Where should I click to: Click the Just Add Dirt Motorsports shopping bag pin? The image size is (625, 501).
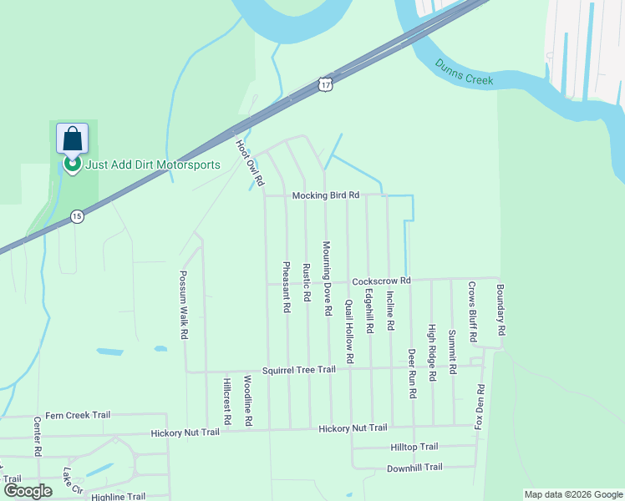click(72, 139)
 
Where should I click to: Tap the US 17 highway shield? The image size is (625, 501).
click(326, 84)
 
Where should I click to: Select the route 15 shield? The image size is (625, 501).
click(77, 215)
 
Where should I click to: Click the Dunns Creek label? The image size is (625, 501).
click(464, 73)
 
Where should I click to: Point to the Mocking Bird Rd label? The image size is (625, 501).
click(325, 195)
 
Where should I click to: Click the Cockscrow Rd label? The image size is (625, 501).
click(381, 281)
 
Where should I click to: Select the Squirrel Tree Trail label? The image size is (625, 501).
click(298, 370)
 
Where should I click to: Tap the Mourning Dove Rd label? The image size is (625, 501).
click(327, 278)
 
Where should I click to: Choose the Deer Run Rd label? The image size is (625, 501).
click(412, 372)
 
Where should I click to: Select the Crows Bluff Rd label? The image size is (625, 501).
click(472, 311)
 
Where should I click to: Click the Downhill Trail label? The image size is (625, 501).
click(414, 468)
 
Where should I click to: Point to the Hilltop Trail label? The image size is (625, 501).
click(414, 448)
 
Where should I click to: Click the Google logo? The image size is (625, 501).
click(28, 491)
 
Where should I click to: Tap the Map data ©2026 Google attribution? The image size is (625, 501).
click(572, 494)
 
